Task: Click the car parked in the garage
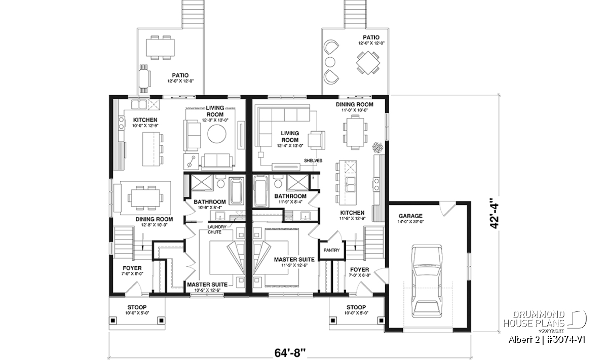(427, 281)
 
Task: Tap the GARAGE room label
(410, 216)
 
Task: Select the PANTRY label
(331, 250)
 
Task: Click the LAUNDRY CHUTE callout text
(217, 229)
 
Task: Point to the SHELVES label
(313, 161)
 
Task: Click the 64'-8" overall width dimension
(290, 353)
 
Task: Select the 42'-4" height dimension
(495, 214)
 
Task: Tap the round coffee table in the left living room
(217, 134)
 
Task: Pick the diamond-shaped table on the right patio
(368, 63)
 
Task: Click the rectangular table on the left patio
(160, 48)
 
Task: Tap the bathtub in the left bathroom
(236, 191)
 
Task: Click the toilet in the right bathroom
(278, 182)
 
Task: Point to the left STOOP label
(137, 307)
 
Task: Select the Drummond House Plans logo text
(534, 319)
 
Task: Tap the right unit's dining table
(355, 132)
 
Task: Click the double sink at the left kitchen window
(139, 104)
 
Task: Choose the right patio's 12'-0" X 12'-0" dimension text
(371, 43)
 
